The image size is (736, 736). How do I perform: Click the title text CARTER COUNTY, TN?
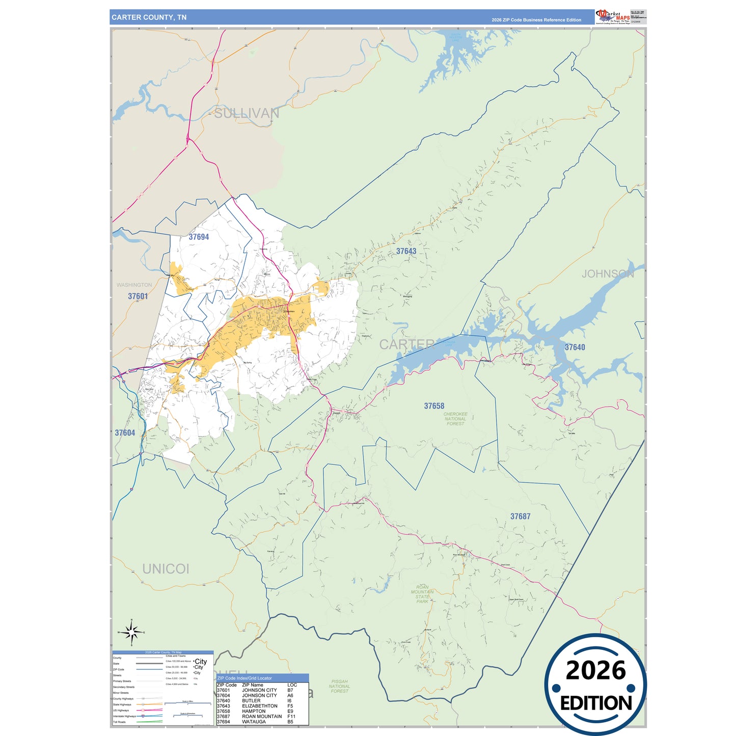click(x=149, y=17)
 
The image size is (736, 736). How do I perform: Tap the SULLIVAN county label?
click(x=247, y=113)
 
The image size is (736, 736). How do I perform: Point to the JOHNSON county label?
click(x=608, y=274)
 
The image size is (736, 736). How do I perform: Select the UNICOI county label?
click(x=166, y=569)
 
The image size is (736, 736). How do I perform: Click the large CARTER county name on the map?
click(x=407, y=344)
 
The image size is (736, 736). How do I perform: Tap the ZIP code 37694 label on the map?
click(x=199, y=237)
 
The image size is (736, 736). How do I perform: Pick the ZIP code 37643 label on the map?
click(x=406, y=251)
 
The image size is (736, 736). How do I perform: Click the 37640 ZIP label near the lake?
click(x=575, y=347)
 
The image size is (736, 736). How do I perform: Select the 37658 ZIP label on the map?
click(x=434, y=406)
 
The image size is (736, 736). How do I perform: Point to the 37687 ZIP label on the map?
click(x=520, y=516)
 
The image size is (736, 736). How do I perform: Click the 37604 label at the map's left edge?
click(x=125, y=433)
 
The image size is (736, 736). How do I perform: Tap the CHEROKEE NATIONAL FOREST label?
click(x=455, y=419)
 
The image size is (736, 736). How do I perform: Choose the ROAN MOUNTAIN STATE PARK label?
click(x=422, y=594)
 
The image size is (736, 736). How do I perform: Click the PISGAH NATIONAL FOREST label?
click(x=339, y=686)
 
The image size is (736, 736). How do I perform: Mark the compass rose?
click(x=132, y=633)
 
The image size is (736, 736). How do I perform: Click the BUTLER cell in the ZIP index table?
click(x=251, y=701)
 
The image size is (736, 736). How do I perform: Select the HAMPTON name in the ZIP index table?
click(x=254, y=711)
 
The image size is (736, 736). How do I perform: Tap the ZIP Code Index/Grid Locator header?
click(x=244, y=678)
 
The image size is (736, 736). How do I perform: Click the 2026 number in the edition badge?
click(x=595, y=670)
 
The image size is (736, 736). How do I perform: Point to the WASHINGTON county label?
click(x=134, y=285)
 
